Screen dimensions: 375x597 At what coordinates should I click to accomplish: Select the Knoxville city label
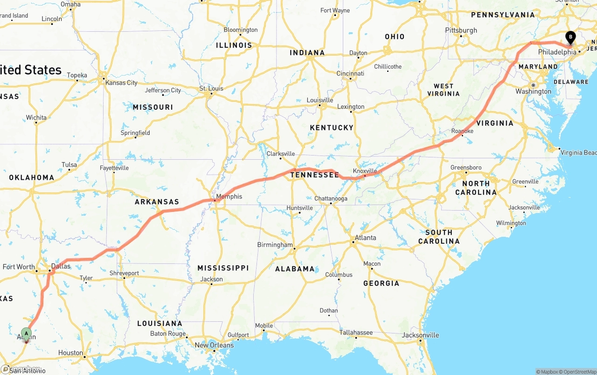(365, 171)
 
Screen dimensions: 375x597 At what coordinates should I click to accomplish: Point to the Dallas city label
(61, 266)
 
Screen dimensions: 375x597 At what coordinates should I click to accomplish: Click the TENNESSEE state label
(314, 175)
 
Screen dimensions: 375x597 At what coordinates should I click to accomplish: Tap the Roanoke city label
(462, 131)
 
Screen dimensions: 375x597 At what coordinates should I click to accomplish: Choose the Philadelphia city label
(557, 52)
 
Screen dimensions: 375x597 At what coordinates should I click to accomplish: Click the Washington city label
(533, 92)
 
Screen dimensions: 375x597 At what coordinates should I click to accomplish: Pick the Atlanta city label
(365, 238)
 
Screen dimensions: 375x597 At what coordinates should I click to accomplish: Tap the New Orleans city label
(214, 345)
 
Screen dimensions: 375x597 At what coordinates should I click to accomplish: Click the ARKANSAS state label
(157, 202)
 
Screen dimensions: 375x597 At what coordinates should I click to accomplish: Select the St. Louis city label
(211, 88)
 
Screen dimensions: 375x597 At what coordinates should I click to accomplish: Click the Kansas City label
(121, 83)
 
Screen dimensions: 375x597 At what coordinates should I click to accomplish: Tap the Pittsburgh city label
(461, 30)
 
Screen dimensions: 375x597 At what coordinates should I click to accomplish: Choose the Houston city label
(70, 353)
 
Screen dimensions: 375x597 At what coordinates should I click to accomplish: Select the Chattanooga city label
(331, 198)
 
